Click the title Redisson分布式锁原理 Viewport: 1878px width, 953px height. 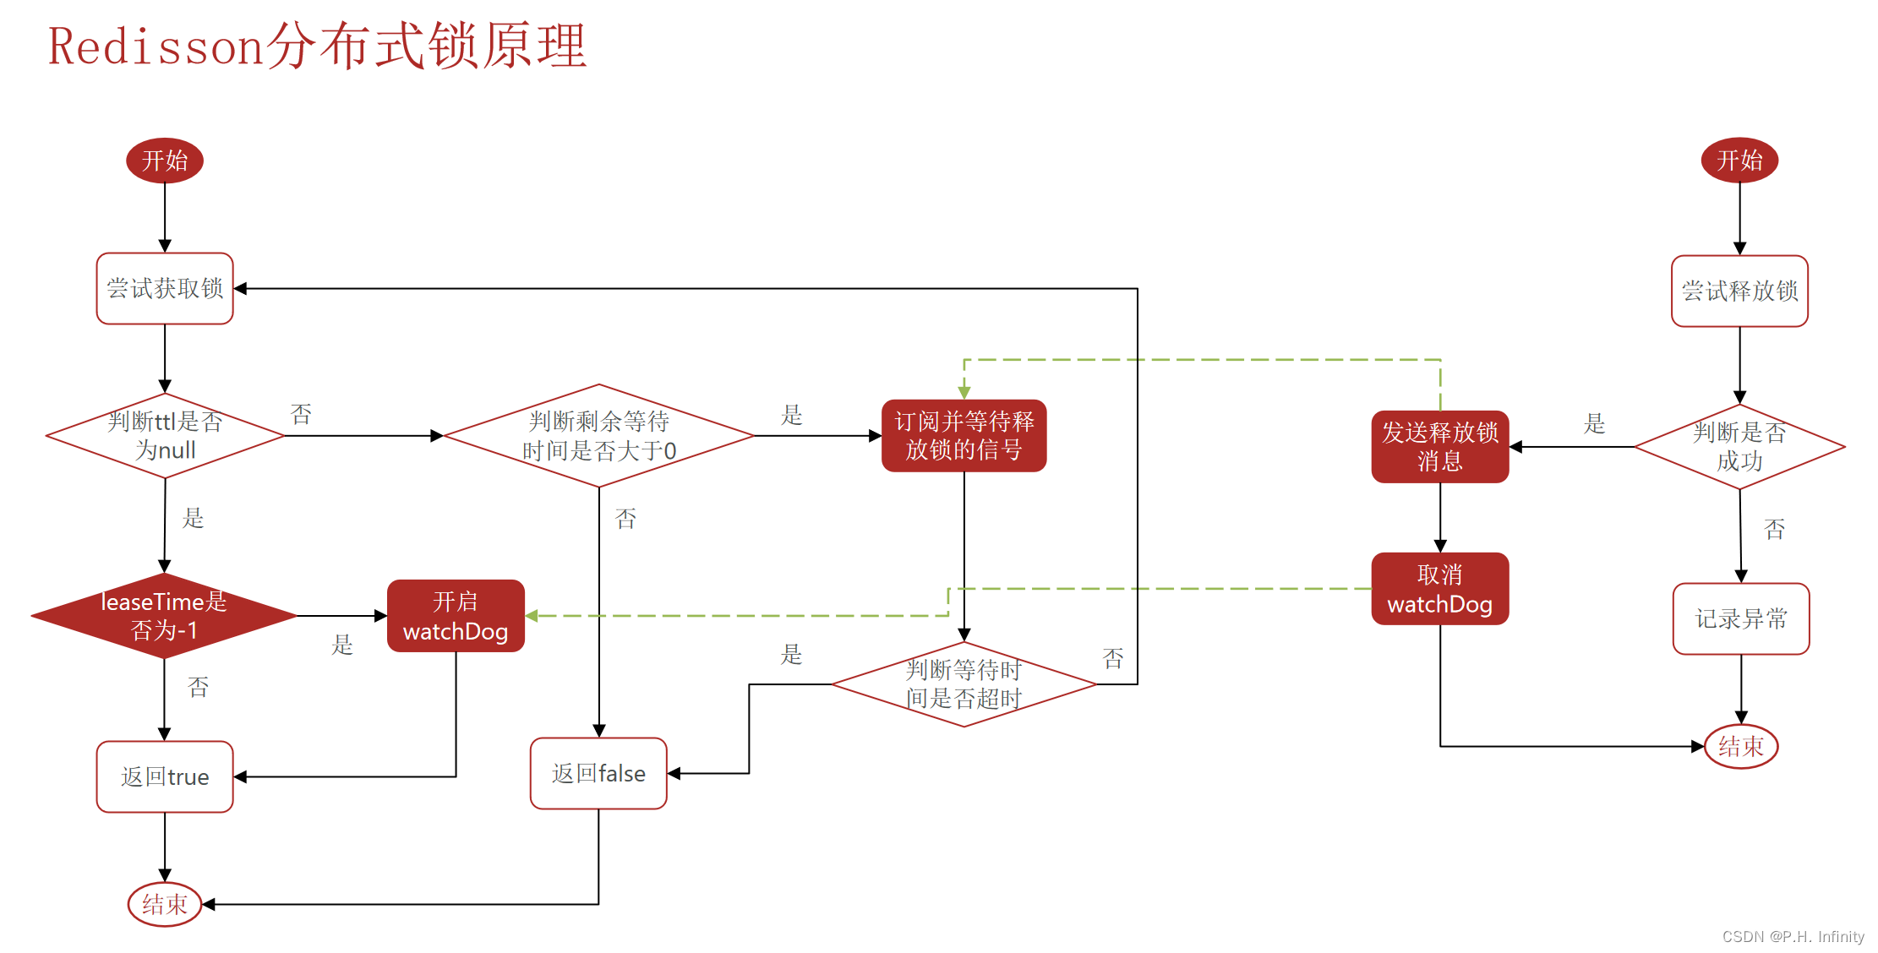pos(317,46)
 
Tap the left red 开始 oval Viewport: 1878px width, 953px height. pos(165,161)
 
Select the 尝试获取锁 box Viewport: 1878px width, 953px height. pos(165,289)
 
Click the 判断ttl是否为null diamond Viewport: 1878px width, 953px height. pos(165,436)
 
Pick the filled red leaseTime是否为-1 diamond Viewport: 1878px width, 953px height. pos(164,616)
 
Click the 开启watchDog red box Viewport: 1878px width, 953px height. pos(456,616)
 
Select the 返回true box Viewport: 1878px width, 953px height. pos(165,777)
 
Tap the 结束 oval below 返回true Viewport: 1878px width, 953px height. pos(165,905)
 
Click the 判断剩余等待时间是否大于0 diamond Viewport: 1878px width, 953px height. pos(598,436)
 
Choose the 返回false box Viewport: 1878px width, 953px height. pos(598,774)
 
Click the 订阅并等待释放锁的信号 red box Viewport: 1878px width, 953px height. pos(964,436)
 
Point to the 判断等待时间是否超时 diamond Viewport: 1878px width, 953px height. pos(964,684)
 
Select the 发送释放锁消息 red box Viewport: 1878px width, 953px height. pos(1439,447)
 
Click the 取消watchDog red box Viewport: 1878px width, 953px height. pos(1439,590)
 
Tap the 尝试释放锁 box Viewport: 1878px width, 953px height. pos(1739,291)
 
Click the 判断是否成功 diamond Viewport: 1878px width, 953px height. pos(1739,447)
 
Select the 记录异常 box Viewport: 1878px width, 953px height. pos(1741,619)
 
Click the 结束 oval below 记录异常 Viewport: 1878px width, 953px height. pos(1741,747)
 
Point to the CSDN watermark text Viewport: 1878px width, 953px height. pos(1793,936)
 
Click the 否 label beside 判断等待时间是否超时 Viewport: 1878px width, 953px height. pos(1113,659)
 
